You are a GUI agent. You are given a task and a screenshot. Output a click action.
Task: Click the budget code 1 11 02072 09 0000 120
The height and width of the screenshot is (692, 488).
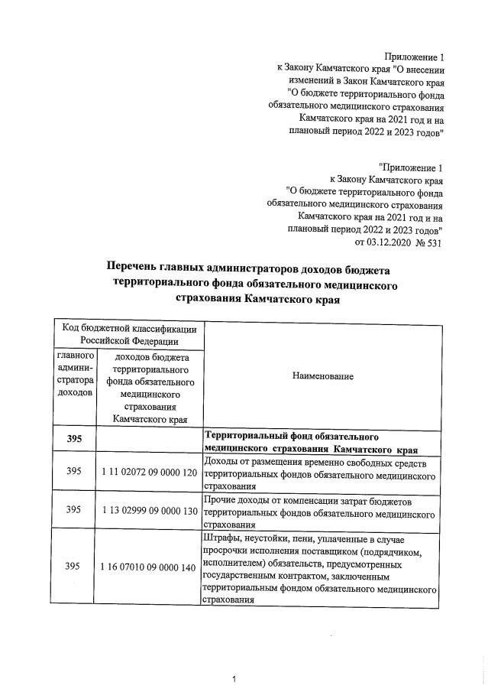pos(149,472)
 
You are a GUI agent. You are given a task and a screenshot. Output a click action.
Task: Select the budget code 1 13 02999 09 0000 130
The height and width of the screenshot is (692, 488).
pos(149,509)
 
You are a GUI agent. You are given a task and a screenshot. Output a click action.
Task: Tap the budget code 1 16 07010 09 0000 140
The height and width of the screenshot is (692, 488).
pos(149,567)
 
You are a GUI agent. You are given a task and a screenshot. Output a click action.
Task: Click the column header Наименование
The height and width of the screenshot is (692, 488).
pos(322,376)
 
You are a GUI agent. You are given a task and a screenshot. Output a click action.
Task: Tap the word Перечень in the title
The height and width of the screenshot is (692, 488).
pos(137,269)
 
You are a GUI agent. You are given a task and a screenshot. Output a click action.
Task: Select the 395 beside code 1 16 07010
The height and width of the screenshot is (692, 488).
pos(73,567)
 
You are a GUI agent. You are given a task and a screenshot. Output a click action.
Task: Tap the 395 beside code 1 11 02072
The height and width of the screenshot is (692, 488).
pos(73,472)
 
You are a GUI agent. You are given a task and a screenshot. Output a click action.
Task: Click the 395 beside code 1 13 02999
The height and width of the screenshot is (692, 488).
pos(73,509)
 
